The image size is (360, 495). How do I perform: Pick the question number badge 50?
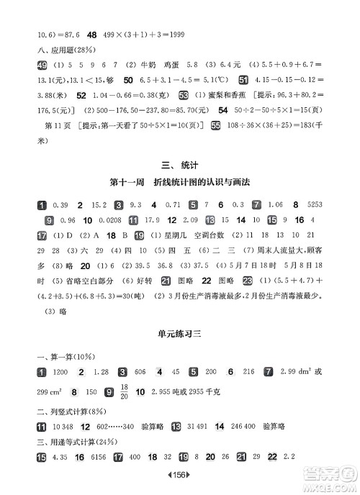(130, 79)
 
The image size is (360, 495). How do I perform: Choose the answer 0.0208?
(107, 219)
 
